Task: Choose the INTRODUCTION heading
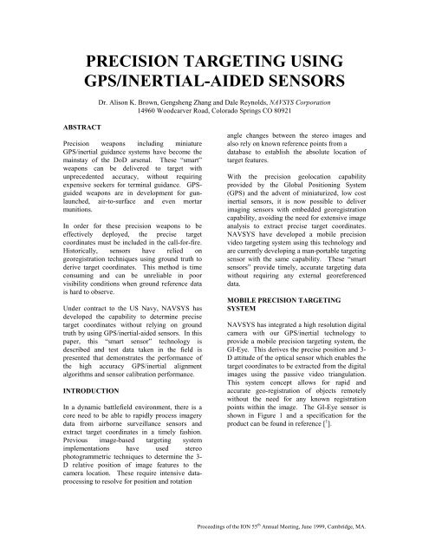(82, 402)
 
